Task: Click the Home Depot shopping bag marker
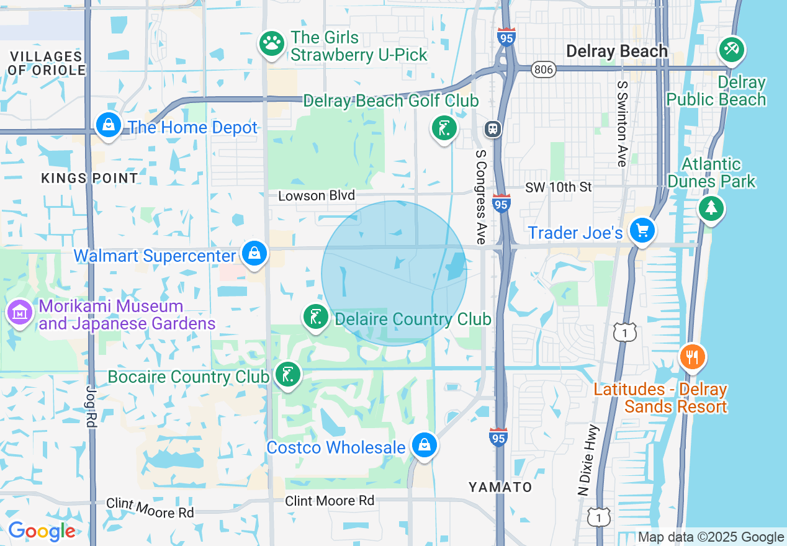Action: [109, 125]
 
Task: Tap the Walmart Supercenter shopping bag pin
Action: [254, 254]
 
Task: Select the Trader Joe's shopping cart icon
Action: [642, 231]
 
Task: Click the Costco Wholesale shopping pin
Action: [424, 445]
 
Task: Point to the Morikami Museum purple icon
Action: [19, 313]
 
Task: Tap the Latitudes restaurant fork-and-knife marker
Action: [693, 357]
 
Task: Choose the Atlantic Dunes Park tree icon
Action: [711, 208]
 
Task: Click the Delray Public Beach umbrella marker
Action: [732, 49]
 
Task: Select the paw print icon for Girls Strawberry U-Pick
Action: [271, 43]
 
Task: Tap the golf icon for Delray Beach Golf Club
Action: [444, 128]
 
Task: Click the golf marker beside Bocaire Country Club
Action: [287, 375]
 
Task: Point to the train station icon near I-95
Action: [493, 128]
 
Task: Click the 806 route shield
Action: [543, 70]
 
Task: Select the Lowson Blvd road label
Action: [317, 196]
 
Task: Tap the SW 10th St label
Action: [559, 187]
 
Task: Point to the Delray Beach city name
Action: [617, 51]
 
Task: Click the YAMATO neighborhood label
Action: [500, 487]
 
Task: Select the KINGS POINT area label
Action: [89, 178]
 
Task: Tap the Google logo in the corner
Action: [42, 532]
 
